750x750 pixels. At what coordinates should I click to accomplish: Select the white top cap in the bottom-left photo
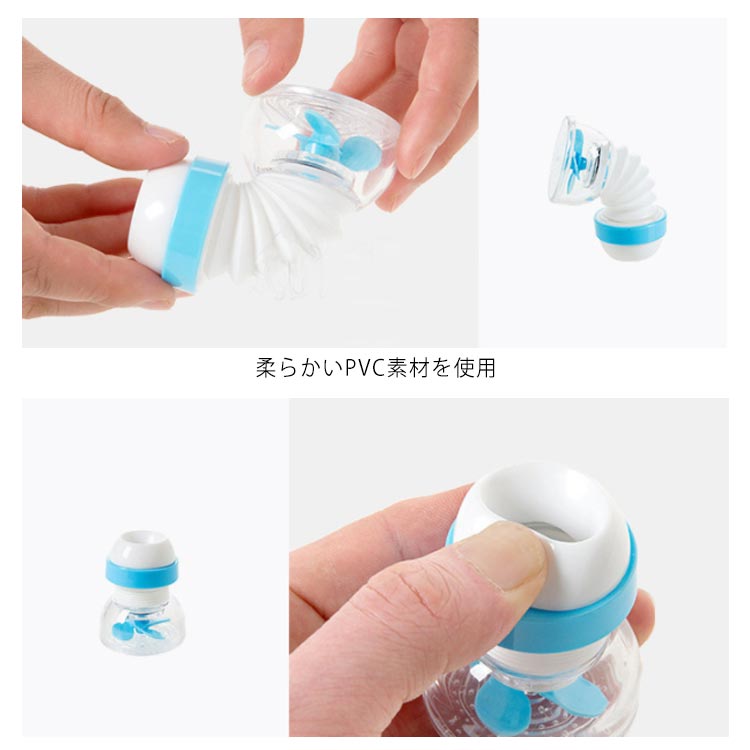[142, 545]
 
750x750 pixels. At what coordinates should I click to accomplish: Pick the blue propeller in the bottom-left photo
[139, 628]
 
